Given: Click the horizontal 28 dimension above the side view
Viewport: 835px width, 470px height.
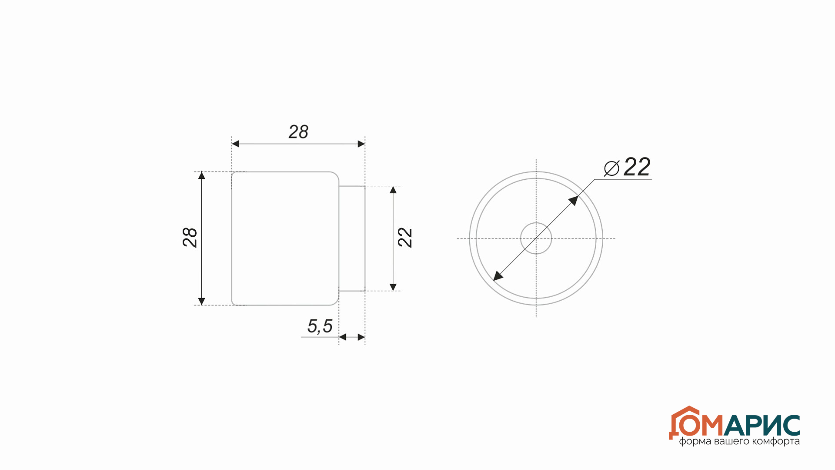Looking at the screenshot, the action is (x=298, y=132).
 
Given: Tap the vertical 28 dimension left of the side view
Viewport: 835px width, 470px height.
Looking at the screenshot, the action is (x=190, y=238).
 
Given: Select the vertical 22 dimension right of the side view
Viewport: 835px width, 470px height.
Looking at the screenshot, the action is (x=405, y=238).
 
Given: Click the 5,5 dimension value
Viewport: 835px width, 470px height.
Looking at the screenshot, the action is (x=320, y=326).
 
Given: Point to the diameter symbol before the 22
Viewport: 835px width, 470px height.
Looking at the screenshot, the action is (x=612, y=168).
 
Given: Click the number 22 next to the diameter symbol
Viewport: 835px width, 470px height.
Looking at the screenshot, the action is (x=637, y=167).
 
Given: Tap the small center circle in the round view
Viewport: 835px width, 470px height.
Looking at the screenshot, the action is (x=536, y=238).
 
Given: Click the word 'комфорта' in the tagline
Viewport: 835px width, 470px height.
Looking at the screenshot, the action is (x=776, y=442).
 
